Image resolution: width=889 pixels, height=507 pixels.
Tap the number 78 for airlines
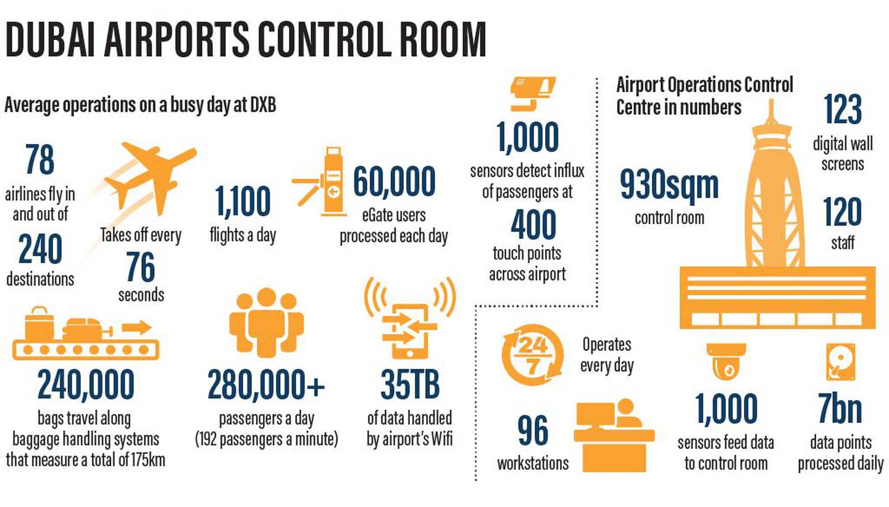[x=40, y=159]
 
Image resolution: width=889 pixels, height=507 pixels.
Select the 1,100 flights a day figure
[x=243, y=202]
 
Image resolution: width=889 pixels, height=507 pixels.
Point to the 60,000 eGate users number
[x=394, y=182]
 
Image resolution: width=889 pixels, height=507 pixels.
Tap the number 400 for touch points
[x=533, y=224]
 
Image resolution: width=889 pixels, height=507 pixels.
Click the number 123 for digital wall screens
[x=843, y=109]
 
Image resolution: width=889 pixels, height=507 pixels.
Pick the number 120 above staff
[x=842, y=212]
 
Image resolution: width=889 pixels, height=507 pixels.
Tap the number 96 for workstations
[x=533, y=430]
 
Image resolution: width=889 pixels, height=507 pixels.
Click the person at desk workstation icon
[x=614, y=435]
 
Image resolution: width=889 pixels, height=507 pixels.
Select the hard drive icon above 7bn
[x=841, y=362]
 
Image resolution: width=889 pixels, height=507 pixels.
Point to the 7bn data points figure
[x=840, y=408]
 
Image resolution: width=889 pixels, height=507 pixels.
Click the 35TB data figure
[x=410, y=385]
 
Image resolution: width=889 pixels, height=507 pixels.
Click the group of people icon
[x=266, y=322]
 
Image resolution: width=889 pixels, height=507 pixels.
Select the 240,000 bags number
[x=86, y=384]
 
